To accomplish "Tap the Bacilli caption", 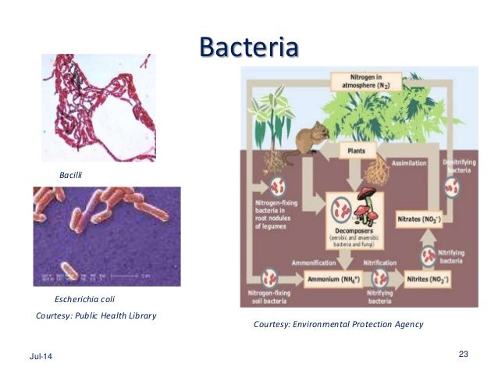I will pyautogui.click(x=70, y=176).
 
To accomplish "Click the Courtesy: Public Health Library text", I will pyautogui.click(x=97, y=315).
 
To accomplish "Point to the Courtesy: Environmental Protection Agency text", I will pyautogui.click(x=338, y=324).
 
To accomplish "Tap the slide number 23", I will pyautogui.click(x=463, y=355).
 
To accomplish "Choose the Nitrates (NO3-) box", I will pyautogui.click(x=419, y=220).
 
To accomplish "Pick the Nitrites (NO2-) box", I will pyautogui.click(x=429, y=278).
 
